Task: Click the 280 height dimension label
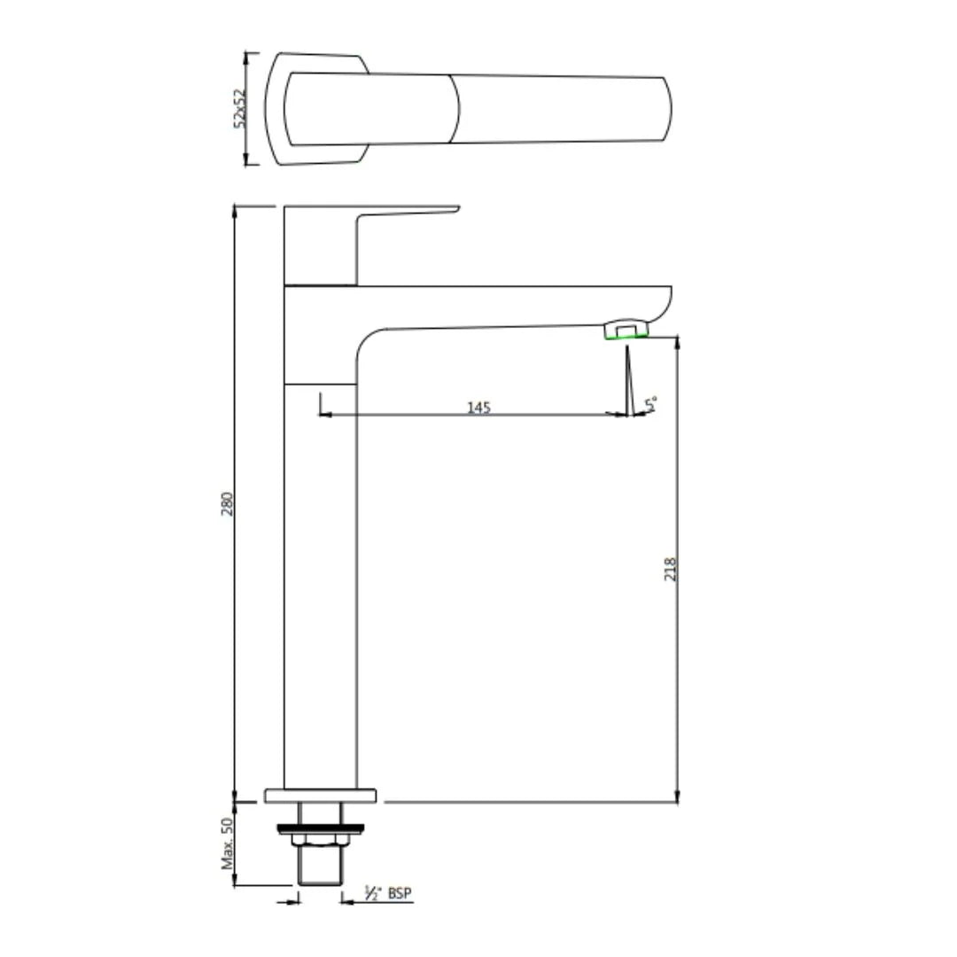coord(227,504)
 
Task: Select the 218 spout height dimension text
coord(671,568)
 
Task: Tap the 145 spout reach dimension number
coord(478,407)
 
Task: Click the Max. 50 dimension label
coord(227,843)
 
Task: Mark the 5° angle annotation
coord(652,405)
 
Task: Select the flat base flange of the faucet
coord(320,795)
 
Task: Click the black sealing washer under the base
coord(320,829)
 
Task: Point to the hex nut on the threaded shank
coord(320,840)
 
